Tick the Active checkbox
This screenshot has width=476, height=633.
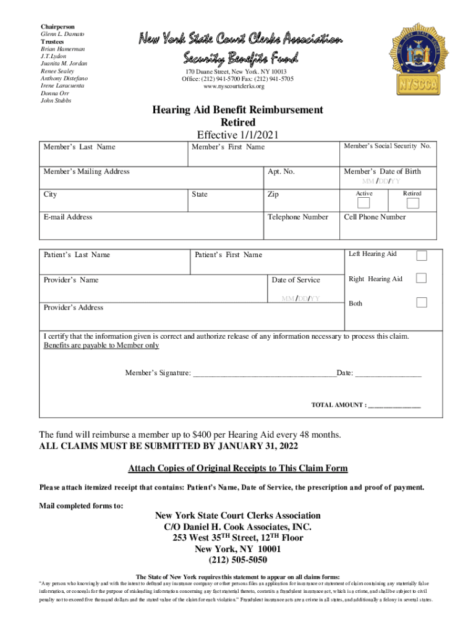point(364,203)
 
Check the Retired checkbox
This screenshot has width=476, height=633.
point(412,203)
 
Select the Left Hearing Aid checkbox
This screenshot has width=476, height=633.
point(421,255)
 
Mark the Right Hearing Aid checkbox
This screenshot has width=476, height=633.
point(421,278)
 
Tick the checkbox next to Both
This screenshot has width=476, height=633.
point(421,302)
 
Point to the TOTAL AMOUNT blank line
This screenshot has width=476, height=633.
point(394,406)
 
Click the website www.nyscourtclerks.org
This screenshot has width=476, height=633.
point(237,87)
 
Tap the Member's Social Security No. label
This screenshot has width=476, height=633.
point(387,146)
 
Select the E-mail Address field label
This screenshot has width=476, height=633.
point(68,217)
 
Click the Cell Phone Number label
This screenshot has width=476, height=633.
point(375,217)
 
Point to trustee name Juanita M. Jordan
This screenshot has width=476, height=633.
point(64,64)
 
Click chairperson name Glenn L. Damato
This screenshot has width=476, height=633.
point(62,34)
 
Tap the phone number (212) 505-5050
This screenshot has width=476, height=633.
point(237,560)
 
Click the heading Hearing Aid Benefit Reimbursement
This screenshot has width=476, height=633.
point(237,110)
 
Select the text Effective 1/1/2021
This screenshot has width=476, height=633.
point(237,135)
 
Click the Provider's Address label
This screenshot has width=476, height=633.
point(74,307)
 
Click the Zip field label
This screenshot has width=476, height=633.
point(273,194)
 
